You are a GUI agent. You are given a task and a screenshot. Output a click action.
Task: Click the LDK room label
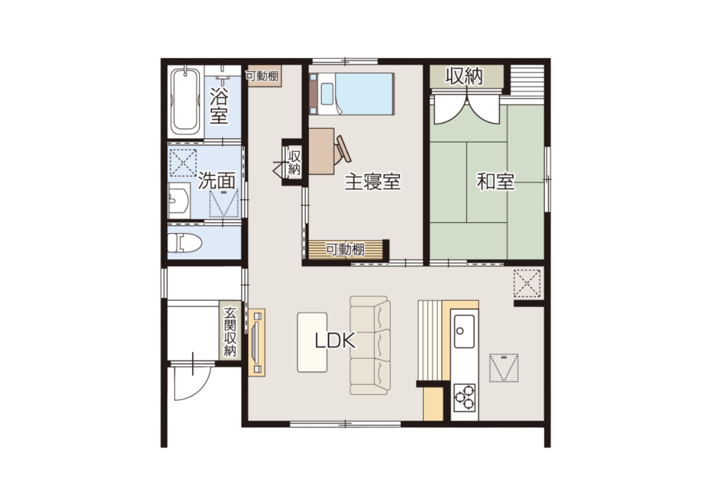(x=335, y=341)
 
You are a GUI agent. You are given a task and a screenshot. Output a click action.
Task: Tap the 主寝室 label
(x=372, y=182)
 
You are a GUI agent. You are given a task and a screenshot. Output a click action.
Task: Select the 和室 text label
(x=496, y=182)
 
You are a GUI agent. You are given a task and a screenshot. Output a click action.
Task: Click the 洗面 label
(x=216, y=180)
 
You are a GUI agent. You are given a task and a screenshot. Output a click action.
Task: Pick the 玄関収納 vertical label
(x=230, y=332)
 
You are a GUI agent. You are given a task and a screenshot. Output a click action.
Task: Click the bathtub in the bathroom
(x=185, y=102)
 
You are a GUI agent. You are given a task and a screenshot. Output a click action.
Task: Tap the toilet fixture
(x=184, y=243)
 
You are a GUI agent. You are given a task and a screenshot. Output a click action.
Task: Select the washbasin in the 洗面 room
(x=179, y=201)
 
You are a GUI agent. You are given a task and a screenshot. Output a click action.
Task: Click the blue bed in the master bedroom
(x=352, y=94)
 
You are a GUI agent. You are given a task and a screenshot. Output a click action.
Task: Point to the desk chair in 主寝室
(x=342, y=150)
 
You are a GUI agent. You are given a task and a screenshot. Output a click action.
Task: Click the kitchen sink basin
(x=464, y=331)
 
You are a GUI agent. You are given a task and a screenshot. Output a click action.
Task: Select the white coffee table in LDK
(x=312, y=342)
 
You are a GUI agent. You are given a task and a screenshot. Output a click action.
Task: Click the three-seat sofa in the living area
(x=370, y=345)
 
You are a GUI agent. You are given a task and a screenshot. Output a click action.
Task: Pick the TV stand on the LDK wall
(x=256, y=342)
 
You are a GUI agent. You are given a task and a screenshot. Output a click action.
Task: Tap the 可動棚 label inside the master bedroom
(x=345, y=249)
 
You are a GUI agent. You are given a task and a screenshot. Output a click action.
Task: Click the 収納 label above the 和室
(x=464, y=76)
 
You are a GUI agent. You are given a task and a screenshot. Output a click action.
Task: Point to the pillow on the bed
(x=327, y=94)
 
